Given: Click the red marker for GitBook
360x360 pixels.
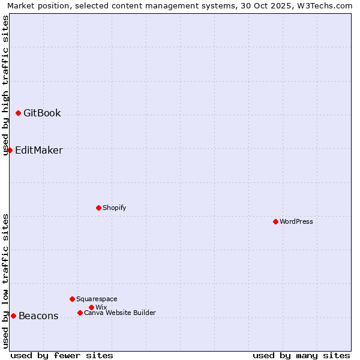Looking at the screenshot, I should [x=18, y=113].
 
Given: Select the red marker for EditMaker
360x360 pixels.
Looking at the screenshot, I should [x=10, y=150].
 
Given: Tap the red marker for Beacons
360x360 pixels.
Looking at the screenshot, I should [x=13, y=316].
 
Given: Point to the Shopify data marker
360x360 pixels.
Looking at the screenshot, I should [x=98, y=208].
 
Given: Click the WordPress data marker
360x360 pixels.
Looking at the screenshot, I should [x=275, y=221].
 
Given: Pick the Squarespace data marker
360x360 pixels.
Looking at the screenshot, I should [x=72, y=299].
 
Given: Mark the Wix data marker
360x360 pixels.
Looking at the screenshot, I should [x=91, y=307].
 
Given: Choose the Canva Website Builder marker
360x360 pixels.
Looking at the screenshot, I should [x=80, y=313].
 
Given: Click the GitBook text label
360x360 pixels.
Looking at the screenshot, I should [x=42, y=113].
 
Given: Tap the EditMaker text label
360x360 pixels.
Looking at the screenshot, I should [x=38, y=150].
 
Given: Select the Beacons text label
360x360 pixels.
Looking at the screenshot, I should [x=38, y=316].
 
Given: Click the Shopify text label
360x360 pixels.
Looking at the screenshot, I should [x=114, y=208].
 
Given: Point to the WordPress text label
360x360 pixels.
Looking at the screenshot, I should [x=296, y=221].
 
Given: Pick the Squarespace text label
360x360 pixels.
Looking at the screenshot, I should [x=97, y=299].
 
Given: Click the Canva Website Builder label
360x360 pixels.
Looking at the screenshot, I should [x=120, y=313].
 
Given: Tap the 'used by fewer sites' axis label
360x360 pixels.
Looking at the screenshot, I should [x=62, y=355].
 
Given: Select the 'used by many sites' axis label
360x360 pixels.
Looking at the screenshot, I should [x=301, y=355].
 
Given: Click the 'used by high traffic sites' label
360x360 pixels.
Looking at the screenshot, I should [x=5, y=85].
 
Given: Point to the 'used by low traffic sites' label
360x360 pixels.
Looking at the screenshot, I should [x=5, y=281].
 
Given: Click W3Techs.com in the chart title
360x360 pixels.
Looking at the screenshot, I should [x=322, y=5].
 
